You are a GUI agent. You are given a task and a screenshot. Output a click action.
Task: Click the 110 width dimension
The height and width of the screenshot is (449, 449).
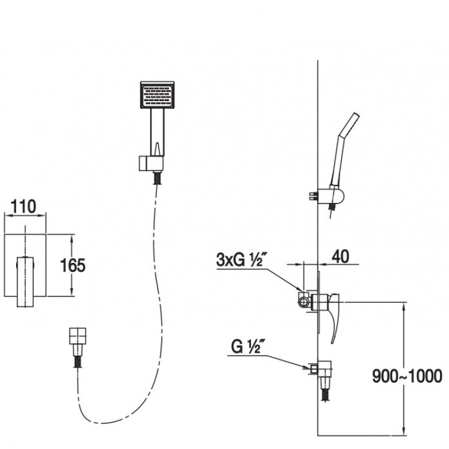(x=24, y=207)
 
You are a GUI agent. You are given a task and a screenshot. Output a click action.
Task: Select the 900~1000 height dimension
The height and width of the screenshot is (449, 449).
(x=407, y=377)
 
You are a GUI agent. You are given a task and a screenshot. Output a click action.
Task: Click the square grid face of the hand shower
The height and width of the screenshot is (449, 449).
(x=156, y=96)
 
